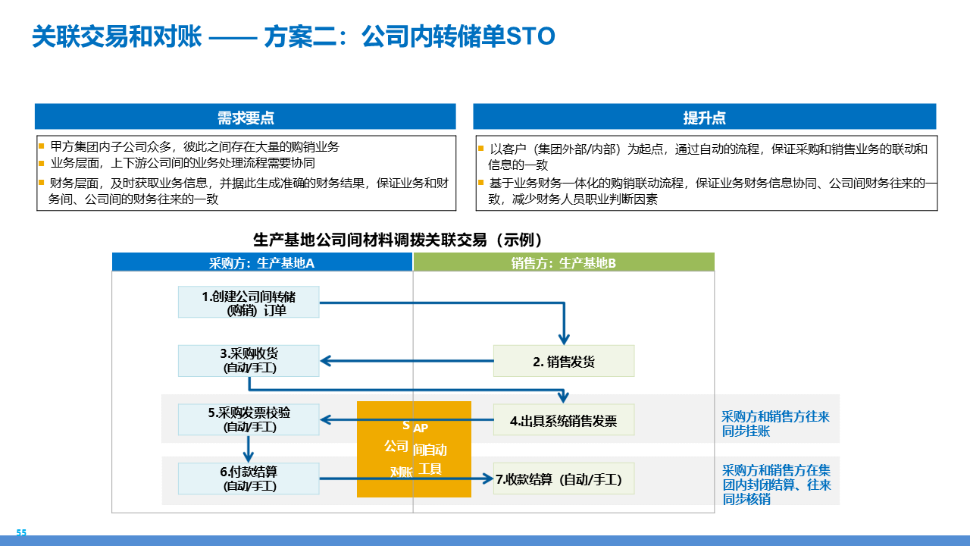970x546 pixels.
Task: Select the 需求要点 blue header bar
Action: click(x=246, y=118)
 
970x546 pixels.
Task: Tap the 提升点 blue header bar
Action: click(x=704, y=118)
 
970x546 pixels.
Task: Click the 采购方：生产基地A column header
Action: click(x=262, y=262)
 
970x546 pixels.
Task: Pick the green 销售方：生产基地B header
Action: click(x=563, y=262)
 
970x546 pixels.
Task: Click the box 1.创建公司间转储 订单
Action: click(x=249, y=302)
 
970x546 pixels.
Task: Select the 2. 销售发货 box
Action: click(x=563, y=361)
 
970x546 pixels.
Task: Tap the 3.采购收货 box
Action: click(x=249, y=361)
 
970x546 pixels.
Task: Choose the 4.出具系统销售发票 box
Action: click(x=563, y=420)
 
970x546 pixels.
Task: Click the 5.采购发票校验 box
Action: click(x=249, y=420)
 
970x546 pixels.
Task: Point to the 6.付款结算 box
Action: click(x=249, y=479)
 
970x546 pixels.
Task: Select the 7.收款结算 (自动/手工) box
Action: click(x=563, y=479)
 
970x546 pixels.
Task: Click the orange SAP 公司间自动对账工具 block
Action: click(x=414, y=449)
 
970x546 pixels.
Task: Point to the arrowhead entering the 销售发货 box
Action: click(x=563, y=338)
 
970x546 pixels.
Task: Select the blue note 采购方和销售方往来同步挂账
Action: click(x=775, y=423)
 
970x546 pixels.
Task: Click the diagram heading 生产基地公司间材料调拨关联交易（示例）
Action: click(x=399, y=240)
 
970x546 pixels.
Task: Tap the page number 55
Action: click(x=21, y=533)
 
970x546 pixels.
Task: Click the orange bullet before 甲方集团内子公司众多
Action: click(x=42, y=146)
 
